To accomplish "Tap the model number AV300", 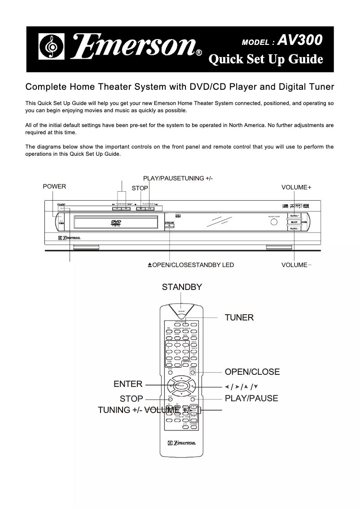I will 300,41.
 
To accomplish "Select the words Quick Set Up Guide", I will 267,59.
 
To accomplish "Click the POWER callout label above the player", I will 54,187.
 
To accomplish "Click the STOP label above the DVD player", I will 140,188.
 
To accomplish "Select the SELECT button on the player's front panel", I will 294,222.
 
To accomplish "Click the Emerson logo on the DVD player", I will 72,237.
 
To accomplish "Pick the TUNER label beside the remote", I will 239,318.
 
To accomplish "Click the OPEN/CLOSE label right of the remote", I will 252,372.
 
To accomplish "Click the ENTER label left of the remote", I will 128,384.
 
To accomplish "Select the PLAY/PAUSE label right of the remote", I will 251,398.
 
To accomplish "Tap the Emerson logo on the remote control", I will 182,443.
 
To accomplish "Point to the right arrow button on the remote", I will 192,386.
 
